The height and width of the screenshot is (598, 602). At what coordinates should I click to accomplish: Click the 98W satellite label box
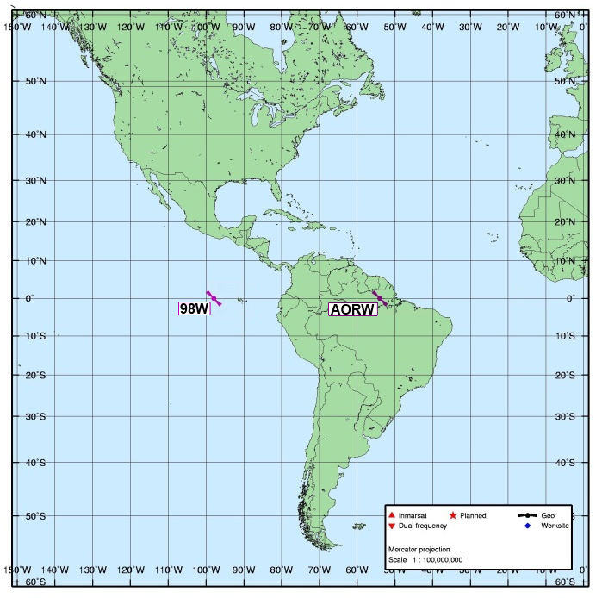point(194,308)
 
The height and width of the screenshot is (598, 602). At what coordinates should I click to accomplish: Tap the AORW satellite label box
point(353,309)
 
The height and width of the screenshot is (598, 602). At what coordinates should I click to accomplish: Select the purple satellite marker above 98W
point(214,298)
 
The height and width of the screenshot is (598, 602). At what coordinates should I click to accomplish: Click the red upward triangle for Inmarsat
point(392,515)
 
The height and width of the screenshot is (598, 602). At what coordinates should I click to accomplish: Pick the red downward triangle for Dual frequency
point(392,526)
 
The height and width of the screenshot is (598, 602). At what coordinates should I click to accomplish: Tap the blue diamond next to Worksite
point(526,526)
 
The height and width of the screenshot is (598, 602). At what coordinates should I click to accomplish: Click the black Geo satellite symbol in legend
point(526,515)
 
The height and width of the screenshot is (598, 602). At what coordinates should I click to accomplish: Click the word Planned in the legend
point(475,515)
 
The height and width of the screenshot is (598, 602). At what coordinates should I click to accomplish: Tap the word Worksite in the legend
point(555,526)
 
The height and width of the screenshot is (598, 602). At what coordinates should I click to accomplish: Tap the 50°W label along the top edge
point(394,26)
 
